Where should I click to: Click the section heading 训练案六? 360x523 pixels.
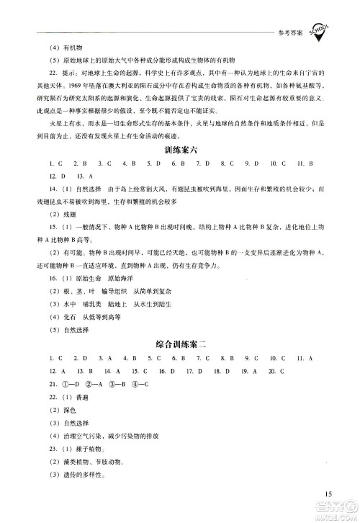[179, 149]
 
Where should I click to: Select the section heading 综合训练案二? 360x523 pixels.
[179, 342]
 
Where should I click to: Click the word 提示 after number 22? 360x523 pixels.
[72, 80]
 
